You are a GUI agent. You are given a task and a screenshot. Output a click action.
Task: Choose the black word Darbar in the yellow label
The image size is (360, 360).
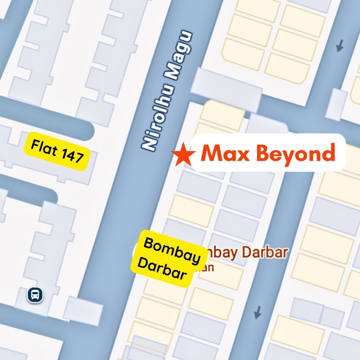[162, 270]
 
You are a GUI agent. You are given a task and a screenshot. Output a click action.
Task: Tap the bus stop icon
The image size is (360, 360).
[35, 295]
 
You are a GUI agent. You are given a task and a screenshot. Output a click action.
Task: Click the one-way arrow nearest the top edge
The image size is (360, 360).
[339, 45]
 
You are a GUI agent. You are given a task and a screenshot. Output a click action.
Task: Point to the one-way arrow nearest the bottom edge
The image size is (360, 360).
[257, 312]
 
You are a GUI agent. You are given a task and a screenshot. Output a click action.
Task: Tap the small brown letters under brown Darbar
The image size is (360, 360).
[208, 268]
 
